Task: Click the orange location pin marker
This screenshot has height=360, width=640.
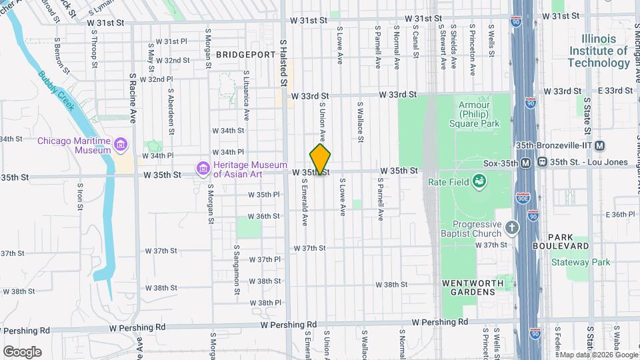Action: (x=321, y=160)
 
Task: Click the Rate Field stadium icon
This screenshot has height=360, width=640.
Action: (x=478, y=180)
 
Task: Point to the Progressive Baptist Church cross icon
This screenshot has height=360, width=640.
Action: (x=511, y=229)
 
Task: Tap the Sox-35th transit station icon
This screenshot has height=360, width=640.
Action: (x=526, y=163)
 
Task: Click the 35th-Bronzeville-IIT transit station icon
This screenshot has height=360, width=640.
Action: (x=600, y=145)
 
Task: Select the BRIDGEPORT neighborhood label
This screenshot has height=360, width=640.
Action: (x=245, y=54)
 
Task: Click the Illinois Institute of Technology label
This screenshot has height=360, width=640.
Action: (x=598, y=51)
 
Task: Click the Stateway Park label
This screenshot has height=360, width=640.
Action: (x=581, y=262)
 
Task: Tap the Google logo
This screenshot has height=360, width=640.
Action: (x=22, y=352)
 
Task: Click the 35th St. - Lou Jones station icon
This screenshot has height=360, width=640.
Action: (x=543, y=163)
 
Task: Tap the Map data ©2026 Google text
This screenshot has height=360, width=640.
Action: (x=597, y=355)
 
